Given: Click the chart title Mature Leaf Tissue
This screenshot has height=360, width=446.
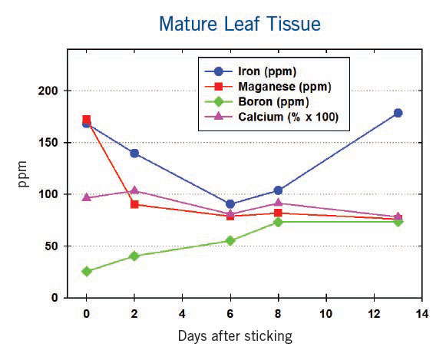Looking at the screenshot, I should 240,24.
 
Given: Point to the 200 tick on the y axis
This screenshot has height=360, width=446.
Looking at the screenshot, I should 49,91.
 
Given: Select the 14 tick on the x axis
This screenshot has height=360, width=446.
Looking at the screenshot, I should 421,313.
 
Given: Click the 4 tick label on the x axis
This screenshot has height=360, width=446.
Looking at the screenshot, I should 182,313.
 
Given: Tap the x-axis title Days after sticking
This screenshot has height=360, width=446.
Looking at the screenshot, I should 235,336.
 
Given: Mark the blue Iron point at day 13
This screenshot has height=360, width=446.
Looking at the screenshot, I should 398,113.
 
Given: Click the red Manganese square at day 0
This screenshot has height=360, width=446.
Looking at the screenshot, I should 86,120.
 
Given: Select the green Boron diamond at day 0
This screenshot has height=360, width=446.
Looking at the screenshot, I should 86,272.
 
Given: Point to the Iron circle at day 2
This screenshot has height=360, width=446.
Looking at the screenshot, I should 134,153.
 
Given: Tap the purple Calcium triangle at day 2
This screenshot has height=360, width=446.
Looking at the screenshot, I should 134,190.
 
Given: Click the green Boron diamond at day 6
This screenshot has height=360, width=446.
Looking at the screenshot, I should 230,240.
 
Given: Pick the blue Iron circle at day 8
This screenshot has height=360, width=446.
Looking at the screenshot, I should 278,190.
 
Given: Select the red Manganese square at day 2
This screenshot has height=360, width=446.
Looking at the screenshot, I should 134,204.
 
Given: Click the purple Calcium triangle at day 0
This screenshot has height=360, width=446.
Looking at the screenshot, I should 86,197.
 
